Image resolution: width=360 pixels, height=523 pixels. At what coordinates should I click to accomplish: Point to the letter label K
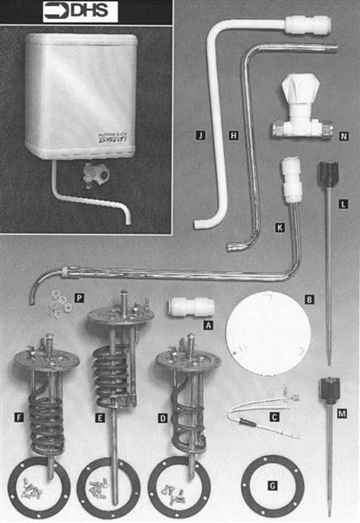point(279,227)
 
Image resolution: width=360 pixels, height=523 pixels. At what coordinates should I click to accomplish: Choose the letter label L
point(343,203)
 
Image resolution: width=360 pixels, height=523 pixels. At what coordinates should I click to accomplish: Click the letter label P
point(78,298)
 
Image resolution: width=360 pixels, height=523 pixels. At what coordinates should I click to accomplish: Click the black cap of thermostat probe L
point(329,168)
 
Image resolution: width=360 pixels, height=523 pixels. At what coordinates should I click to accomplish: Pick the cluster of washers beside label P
point(57,301)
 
